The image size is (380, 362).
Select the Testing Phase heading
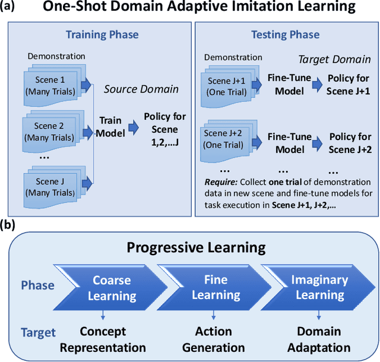tap(286, 34)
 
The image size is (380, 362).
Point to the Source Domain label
tap(141, 89)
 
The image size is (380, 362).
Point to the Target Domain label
tap(335, 60)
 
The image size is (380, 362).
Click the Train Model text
tap(112, 127)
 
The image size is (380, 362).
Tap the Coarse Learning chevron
tap(112, 288)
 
